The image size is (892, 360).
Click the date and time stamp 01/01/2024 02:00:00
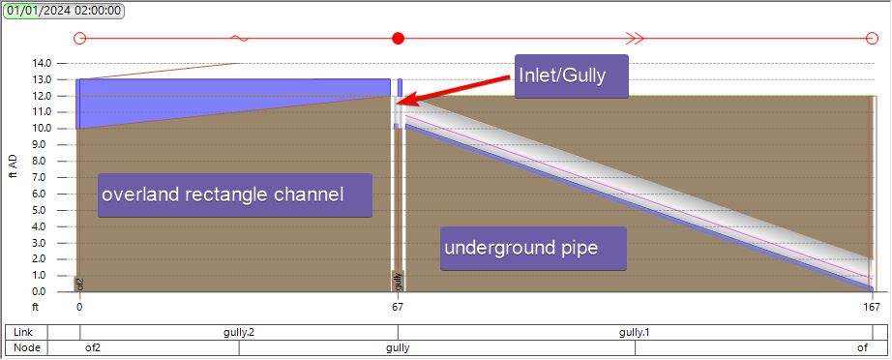pyautogui.click(x=64, y=12)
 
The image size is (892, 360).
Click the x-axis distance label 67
pyautogui.click(x=398, y=308)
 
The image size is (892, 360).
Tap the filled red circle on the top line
pyautogui.click(x=398, y=39)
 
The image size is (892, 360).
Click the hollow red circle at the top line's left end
pyautogui.click(x=80, y=39)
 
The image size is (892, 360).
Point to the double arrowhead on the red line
pyautogui.click(x=635, y=39)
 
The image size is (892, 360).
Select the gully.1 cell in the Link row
pyautogui.click(x=635, y=333)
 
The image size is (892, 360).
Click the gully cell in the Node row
pyautogui.click(x=398, y=347)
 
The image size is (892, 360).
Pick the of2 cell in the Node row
pyautogui.click(x=94, y=347)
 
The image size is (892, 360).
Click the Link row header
pyautogui.click(x=26, y=333)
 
